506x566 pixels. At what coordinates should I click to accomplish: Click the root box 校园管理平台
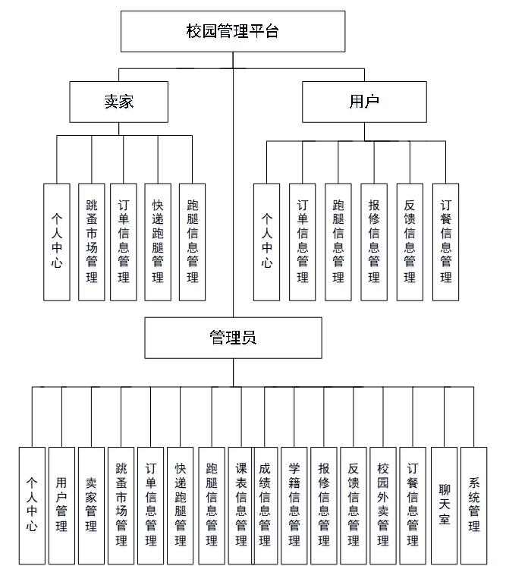233,31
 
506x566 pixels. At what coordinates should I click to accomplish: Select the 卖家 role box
118,102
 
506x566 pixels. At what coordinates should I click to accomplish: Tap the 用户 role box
363,102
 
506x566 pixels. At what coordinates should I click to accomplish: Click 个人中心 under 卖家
56,241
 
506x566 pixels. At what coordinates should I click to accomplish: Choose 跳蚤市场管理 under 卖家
91,241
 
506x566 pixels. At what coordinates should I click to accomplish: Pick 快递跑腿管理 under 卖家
158,241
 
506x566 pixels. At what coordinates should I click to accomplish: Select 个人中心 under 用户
266,241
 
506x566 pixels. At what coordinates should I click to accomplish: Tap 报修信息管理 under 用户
374,241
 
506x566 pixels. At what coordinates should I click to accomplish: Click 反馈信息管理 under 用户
410,241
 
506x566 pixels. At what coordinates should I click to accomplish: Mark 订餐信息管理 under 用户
445,241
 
